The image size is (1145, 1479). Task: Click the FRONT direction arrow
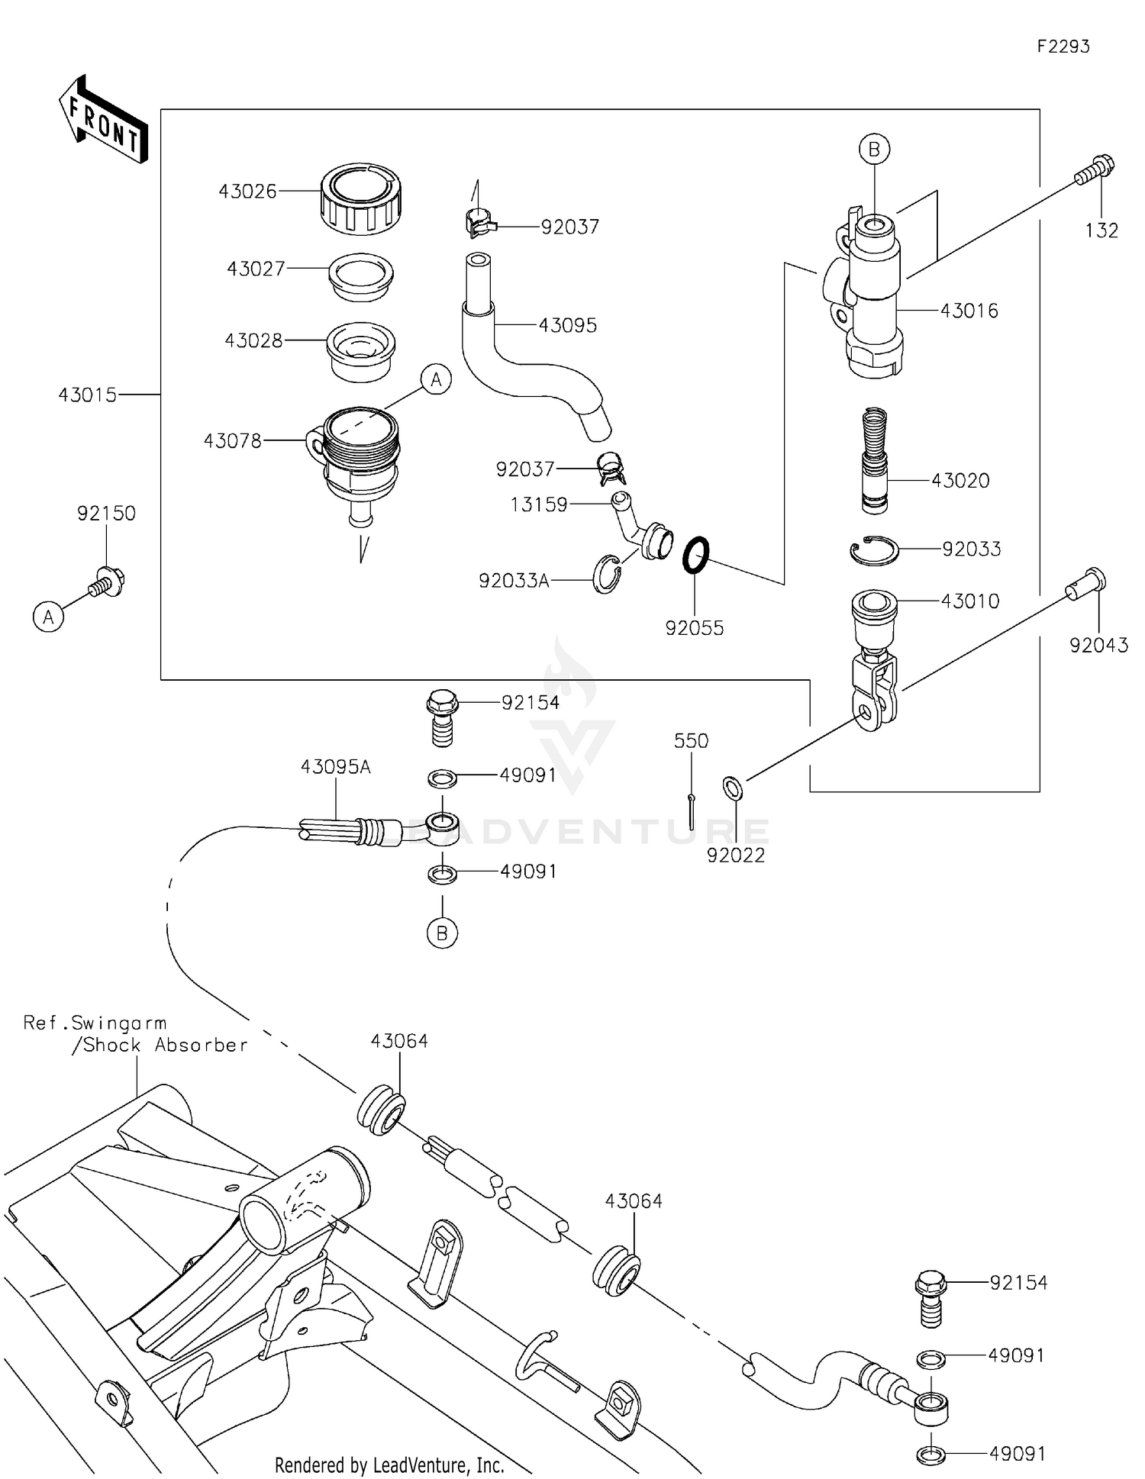tap(103, 120)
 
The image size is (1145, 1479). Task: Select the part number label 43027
tap(256, 269)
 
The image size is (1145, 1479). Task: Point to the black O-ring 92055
tap(695, 554)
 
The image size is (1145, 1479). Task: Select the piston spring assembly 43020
tap(874, 462)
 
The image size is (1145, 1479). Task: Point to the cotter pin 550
tap(691, 810)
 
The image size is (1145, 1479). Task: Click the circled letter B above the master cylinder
tap(874, 149)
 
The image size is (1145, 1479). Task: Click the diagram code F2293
tap(1063, 47)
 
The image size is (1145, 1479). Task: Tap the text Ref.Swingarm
tap(95, 1023)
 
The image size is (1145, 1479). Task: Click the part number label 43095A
tap(335, 767)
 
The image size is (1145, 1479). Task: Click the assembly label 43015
tap(88, 395)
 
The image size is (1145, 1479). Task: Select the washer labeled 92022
tap(732, 788)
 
